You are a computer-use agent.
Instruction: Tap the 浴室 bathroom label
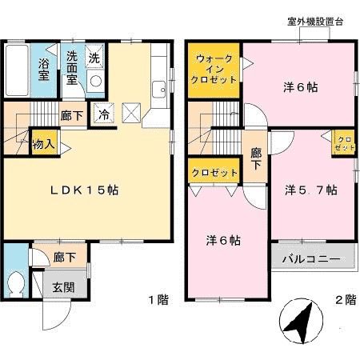(43, 67)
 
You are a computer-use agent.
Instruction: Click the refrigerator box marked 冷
(104, 114)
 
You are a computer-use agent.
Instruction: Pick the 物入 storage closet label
(43, 144)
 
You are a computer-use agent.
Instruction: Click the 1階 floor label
(158, 301)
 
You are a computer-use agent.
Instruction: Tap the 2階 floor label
(345, 301)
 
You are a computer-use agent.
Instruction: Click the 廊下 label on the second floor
(256, 158)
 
